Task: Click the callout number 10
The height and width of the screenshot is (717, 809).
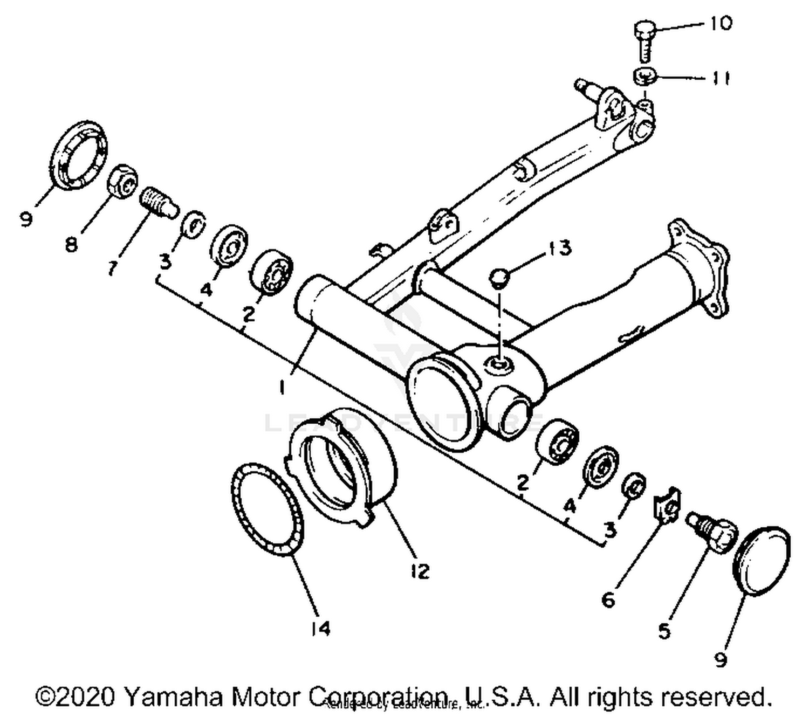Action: click(721, 24)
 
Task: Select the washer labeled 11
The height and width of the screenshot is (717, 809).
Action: click(643, 77)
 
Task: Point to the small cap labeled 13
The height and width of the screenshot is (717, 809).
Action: click(499, 279)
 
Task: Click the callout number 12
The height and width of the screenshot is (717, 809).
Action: click(419, 570)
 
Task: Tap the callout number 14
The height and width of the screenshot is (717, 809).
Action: click(320, 628)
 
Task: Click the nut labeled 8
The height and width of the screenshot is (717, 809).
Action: click(124, 182)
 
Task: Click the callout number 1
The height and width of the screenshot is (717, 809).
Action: click(281, 386)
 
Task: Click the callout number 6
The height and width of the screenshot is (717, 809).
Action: click(608, 599)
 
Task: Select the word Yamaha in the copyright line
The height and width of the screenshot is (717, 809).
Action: click(173, 697)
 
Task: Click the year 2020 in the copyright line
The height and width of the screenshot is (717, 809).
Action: click(84, 697)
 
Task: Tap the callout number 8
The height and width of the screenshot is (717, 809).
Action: click(71, 245)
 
